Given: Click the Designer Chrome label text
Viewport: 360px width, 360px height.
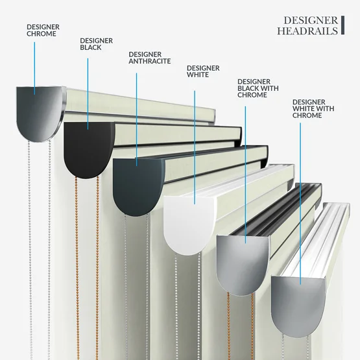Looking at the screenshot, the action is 43,30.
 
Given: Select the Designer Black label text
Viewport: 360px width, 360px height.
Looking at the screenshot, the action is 96,44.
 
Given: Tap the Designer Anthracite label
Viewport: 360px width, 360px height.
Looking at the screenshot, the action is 149,58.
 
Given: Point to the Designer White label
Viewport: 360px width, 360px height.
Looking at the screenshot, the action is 203,71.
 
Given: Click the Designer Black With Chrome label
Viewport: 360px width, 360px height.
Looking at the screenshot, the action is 258,88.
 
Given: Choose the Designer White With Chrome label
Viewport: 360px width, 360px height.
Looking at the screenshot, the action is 313,108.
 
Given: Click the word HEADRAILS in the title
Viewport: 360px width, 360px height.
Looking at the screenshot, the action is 307,31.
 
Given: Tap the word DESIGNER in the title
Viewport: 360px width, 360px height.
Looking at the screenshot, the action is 311,21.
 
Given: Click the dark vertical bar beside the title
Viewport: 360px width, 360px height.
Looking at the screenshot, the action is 342,25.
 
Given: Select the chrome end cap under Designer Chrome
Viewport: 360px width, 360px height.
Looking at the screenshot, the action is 40,114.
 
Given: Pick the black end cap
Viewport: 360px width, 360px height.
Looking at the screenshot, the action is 88,149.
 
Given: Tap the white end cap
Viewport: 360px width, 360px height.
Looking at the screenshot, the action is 189,226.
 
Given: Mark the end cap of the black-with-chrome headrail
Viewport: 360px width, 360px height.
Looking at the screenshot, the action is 243,265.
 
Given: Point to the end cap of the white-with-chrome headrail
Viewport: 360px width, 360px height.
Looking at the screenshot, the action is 298,306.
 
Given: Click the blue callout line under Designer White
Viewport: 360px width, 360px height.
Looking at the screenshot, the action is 195,147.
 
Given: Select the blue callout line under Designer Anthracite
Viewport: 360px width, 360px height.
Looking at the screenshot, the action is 137,119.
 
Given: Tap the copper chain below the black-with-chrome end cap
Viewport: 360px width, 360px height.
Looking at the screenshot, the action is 241,326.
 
